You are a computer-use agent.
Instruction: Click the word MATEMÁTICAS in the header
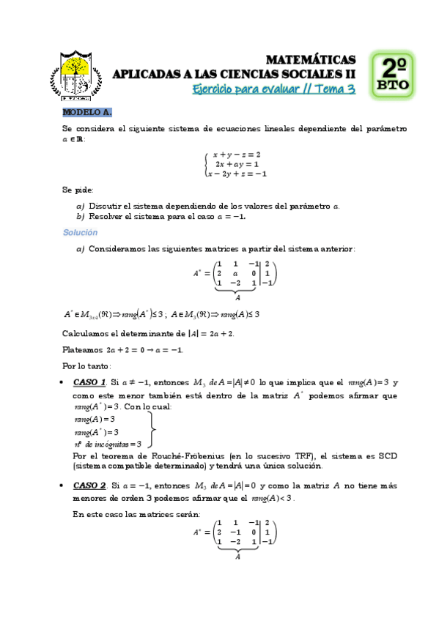(311, 59)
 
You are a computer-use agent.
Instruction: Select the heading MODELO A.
(86, 112)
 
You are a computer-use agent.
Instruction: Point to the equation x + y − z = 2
(237, 155)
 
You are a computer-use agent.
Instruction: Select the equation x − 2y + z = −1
(236, 174)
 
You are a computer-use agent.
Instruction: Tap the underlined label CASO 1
(90, 382)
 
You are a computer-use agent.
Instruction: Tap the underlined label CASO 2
(90, 485)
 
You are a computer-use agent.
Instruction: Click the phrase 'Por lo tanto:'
(86, 365)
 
